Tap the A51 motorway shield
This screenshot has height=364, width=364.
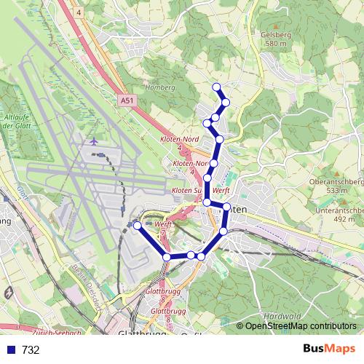tap(127, 101)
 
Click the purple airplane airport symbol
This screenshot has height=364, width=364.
tap(95, 141)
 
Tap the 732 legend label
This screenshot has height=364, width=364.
tap(31, 350)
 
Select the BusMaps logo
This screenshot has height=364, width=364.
tap(327, 349)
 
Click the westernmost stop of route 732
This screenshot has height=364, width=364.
tap(137, 226)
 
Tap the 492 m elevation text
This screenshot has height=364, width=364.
tap(344, 218)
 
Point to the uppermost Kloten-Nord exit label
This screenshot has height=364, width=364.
tap(180, 138)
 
